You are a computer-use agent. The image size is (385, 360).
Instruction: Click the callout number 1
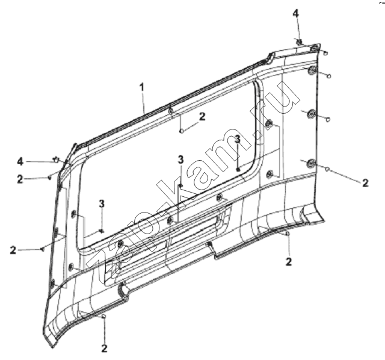click(x=141, y=88)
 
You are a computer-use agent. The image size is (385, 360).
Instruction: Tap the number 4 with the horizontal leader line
click(x=20, y=162)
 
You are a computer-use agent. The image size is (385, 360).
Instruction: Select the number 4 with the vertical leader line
click(x=296, y=13)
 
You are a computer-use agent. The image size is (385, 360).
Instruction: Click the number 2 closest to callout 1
click(x=202, y=116)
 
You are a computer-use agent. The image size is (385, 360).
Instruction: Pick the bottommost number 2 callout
click(x=104, y=349)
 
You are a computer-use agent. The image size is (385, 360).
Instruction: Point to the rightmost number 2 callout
click(x=365, y=183)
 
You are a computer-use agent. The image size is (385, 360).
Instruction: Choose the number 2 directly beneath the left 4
click(x=20, y=179)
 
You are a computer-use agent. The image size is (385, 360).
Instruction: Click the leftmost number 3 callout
click(x=102, y=203)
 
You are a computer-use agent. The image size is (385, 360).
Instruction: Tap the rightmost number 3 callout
click(x=238, y=139)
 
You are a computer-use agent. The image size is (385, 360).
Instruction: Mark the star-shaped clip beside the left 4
click(x=56, y=160)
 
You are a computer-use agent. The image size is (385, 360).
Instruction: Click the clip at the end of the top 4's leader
click(x=299, y=42)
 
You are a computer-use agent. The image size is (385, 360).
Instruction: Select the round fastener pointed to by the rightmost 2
click(x=327, y=169)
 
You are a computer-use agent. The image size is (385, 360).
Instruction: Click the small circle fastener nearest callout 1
click(x=182, y=131)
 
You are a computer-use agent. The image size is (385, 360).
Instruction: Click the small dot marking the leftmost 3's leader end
click(x=102, y=231)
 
